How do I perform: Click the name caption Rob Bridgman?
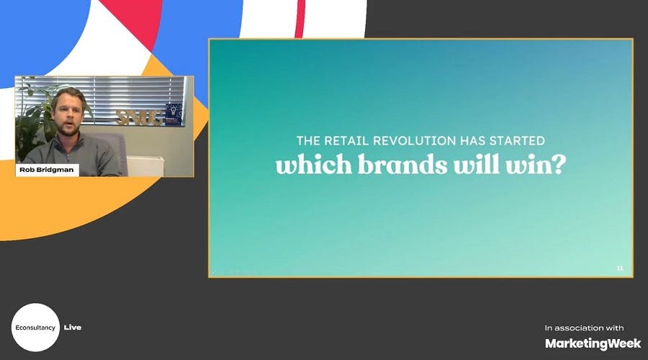[47, 171]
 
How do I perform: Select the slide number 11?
[620, 269]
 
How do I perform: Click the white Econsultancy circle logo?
[35, 327]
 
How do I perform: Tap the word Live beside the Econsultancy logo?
[73, 328]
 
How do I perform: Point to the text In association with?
[584, 328]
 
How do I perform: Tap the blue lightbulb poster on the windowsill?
[173, 114]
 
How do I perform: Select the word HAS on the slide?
[472, 141]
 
